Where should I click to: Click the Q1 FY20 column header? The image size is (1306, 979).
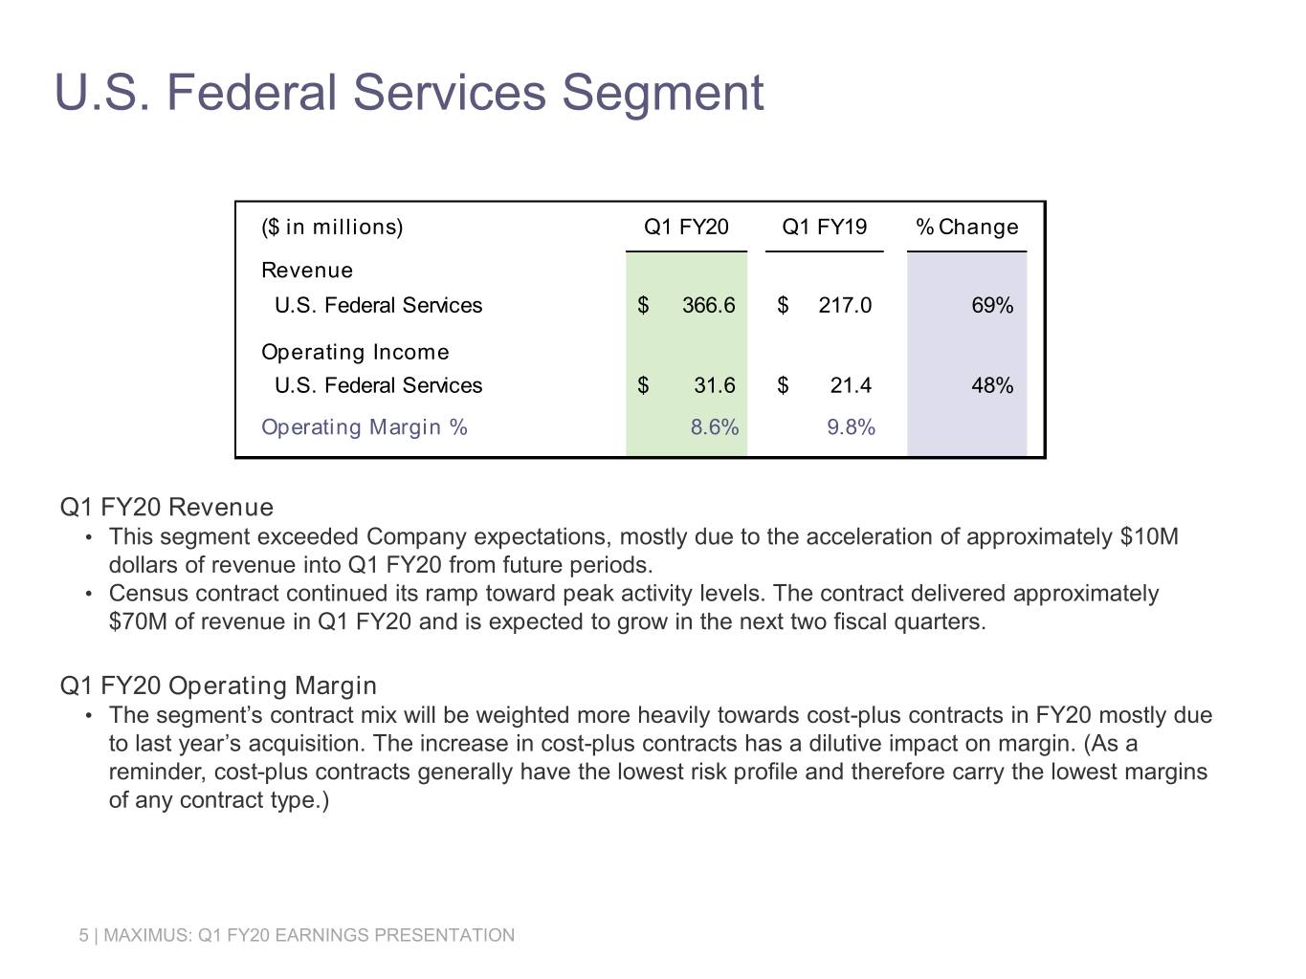(686, 227)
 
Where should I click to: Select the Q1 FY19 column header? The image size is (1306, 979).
(824, 227)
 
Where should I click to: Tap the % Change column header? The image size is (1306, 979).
(967, 227)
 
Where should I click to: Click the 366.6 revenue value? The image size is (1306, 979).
(709, 305)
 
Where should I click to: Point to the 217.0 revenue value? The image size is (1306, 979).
(845, 305)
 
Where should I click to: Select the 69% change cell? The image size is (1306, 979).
(992, 305)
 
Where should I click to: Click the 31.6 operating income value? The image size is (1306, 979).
(715, 385)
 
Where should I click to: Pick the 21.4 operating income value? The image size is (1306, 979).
(851, 385)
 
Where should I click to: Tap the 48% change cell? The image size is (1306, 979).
(992, 385)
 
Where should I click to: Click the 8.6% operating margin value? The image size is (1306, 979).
(715, 426)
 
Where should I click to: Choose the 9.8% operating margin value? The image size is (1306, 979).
(851, 426)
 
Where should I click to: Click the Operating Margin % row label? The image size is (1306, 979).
(365, 427)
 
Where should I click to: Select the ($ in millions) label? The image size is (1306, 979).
(332, 228)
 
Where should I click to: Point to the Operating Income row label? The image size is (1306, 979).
(355, 353)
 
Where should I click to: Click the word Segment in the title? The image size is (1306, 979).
(663, 94)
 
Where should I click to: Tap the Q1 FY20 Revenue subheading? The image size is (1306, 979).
(166, 507)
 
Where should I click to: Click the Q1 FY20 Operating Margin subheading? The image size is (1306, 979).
(218, 685)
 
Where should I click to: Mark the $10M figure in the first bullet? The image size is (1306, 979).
(1149, 536)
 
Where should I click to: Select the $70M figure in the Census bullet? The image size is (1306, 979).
(138, 621)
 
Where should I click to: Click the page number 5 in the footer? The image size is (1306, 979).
(83, 935)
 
